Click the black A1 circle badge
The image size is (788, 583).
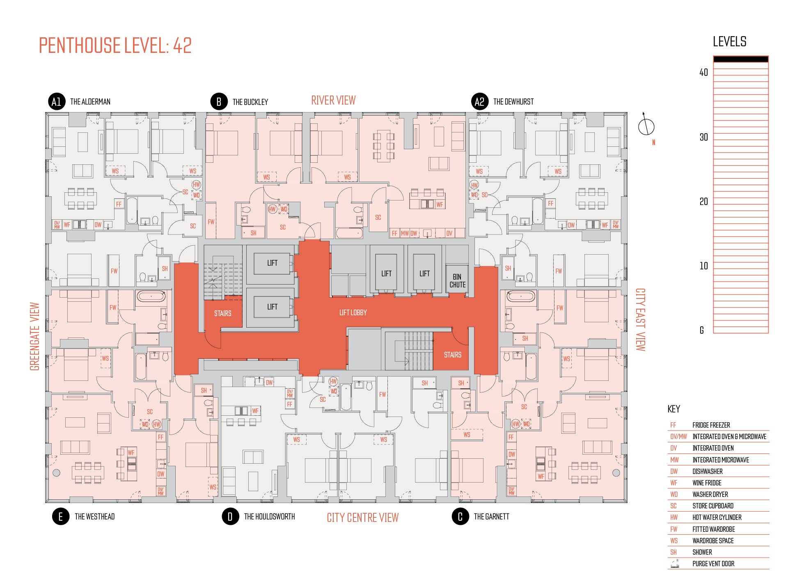pyautogui.click(x=57, y=102)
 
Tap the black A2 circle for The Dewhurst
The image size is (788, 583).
pyautogui.click(x=479, y=102)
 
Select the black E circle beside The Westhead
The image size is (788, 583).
pyautogui.click(x=61, y=517)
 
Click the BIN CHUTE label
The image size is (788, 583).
pyautogui.click(x=457, y=281)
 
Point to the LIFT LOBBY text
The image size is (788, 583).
pyautogui.click(x=353, y=313)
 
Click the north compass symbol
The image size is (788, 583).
pyautogui.click(x=646, y=125)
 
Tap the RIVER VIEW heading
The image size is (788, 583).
pyautogui.click(x=333, y=100)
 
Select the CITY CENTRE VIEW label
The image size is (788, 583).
pyautogui.click(x=363, y=518)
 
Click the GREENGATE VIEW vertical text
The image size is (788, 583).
pyautogui.click(x=35, y=337)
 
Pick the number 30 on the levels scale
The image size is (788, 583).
pyautogui.click(x=703, y=137)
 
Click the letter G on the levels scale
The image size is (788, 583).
pyautogui.click(x=702, y=330)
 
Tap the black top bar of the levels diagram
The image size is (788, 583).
pyautogui.click(x=741, y=59)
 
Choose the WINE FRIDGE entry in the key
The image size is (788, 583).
pyautogui.click(x=707, y=483)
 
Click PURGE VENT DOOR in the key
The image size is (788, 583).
pyautogui.click(x=713, y=564)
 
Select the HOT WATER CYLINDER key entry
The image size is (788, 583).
pyautogui.click(x=717, y=517)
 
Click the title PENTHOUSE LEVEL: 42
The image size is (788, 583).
pyautogui.click(x=115, y=46)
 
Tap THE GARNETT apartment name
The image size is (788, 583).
pyautogui.click(x=492, y=517)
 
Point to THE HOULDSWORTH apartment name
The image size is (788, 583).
pyautogui.click(x=269, y=517)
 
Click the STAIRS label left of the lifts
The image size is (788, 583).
pyautogui.click(x=223, y=314)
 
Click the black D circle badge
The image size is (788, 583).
pyautogui.click(x=230, y=517)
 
